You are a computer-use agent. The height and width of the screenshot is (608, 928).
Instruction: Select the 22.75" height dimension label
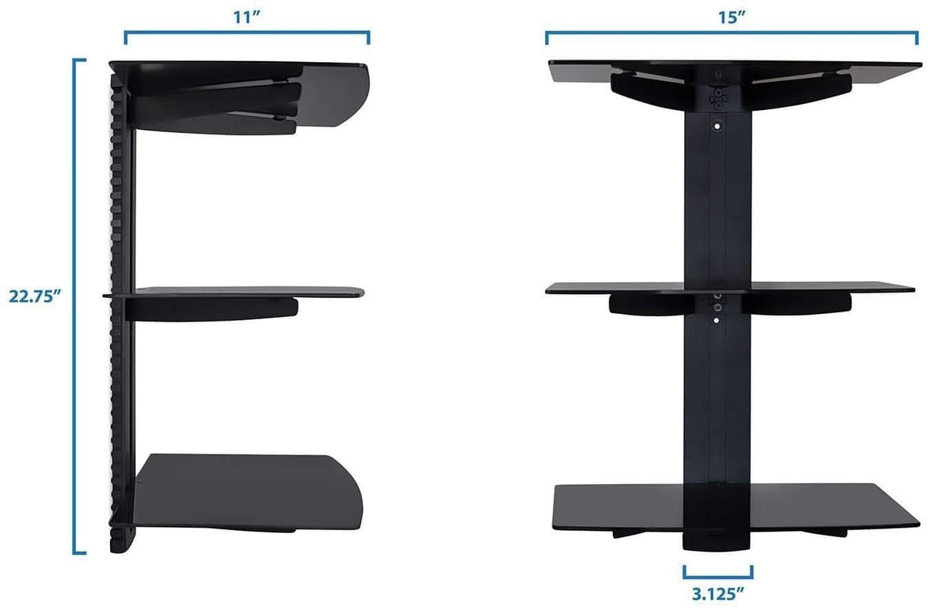click(34, 297)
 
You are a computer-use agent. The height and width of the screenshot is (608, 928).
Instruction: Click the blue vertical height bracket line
click(75, 306)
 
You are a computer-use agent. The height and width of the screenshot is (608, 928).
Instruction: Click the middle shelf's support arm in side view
click(214, 308)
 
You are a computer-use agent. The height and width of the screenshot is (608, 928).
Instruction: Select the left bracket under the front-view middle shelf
click(650, 303)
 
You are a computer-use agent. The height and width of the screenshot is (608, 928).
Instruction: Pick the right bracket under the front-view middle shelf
click(795, 303)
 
